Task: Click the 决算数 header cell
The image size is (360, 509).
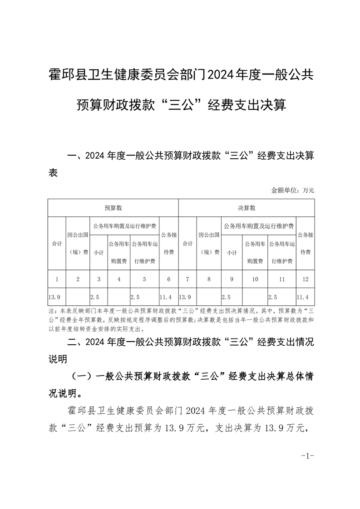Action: click(247, 208)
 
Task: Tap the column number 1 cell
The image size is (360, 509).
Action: click(57, 279)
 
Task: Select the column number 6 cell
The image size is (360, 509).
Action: click(168, 279)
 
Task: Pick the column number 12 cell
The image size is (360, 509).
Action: click(305, 279)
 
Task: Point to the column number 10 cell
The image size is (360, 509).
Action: click(255, 279)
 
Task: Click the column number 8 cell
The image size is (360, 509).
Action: click(209, 279)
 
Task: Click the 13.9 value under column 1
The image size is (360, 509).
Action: click(54, 297)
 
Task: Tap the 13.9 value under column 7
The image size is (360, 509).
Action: click(185, 297)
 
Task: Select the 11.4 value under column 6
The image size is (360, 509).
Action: click(166, 297)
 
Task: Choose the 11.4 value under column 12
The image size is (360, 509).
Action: click(302, 297)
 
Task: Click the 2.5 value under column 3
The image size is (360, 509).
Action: click(95, 297)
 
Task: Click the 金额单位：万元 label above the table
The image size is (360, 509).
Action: click(292, 190)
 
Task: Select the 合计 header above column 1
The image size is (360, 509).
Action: click(57, 244)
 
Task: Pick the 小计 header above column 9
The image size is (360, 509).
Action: click(232, 252)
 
